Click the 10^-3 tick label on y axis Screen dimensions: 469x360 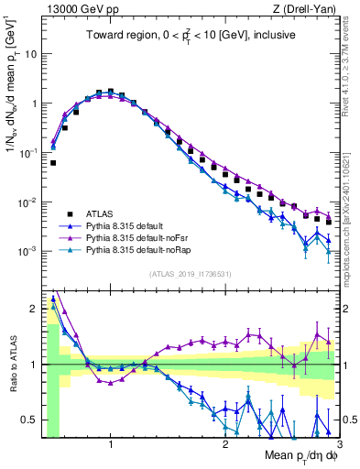click(x=27, y=251)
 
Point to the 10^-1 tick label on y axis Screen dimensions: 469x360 click(x=27, y=152)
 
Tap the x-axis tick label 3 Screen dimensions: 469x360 click(x=339, y=442)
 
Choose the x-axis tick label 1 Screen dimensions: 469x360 click(x=111, y=442)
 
